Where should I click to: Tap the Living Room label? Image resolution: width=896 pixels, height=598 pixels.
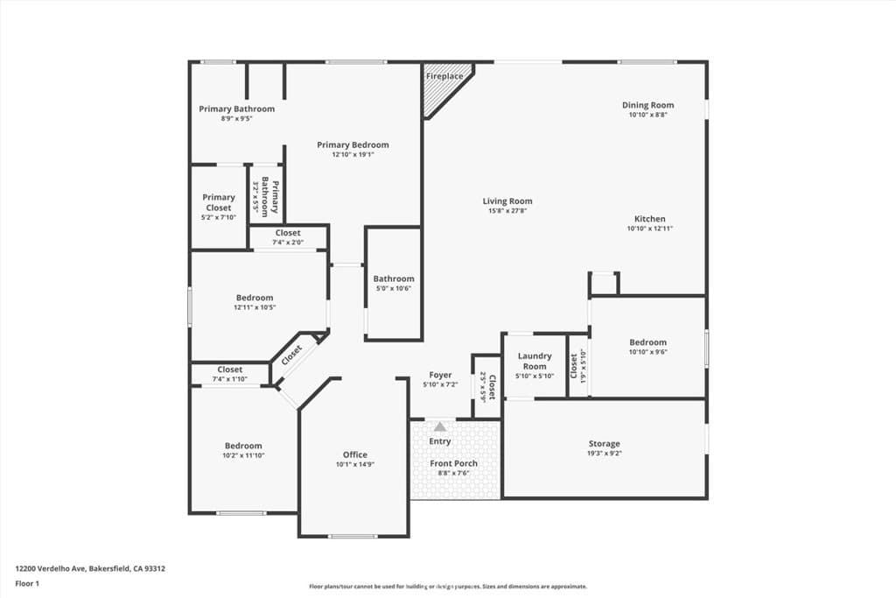pyautogui.click(x=507, y=201)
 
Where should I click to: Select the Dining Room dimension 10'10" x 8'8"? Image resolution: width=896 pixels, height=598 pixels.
pyautogui.click(x=647, y=115)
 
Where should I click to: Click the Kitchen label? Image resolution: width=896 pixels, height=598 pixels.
pyautogui.click(x=649, y=219)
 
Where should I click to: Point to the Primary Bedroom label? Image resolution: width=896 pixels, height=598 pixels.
pyautogui.click(x=353, y=145)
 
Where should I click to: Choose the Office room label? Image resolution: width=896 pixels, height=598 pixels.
pyautogui.click(x=354, y=454)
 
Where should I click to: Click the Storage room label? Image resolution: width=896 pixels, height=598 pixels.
pyautogui.click(x=604, y=444)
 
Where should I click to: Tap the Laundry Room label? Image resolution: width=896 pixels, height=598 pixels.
pyautogui.click(x=535, y=361)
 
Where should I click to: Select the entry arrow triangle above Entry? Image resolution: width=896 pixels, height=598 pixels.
pyautogui.click(x=440, y=427)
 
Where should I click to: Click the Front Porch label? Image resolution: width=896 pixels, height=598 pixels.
pyautogui.click(x=453, y=463)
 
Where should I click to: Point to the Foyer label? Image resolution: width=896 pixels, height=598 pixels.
pyautogui.click(x=440, y=375)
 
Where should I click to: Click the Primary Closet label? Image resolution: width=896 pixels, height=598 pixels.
pyautogui.click(x=219, y=202)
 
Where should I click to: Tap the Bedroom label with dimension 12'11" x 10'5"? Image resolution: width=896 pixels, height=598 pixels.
pyautogui.click(x=254, y=298)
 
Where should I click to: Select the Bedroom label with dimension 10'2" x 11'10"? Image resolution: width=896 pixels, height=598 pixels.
pyautogui.click(x=242, y=446)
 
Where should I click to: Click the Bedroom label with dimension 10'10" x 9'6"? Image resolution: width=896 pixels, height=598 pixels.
pyautogui.click(x=647, y=342)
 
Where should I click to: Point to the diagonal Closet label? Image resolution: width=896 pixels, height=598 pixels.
pyautogui.click(x=291, y=354)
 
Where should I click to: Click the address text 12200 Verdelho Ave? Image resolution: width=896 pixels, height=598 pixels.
pyautogui.click(x=90, y=568)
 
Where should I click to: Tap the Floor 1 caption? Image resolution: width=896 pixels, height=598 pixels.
pyautogui.click(x=28, y=582)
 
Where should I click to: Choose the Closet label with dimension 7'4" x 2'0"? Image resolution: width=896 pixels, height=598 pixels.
pyautogui.click(x=288, y=233)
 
